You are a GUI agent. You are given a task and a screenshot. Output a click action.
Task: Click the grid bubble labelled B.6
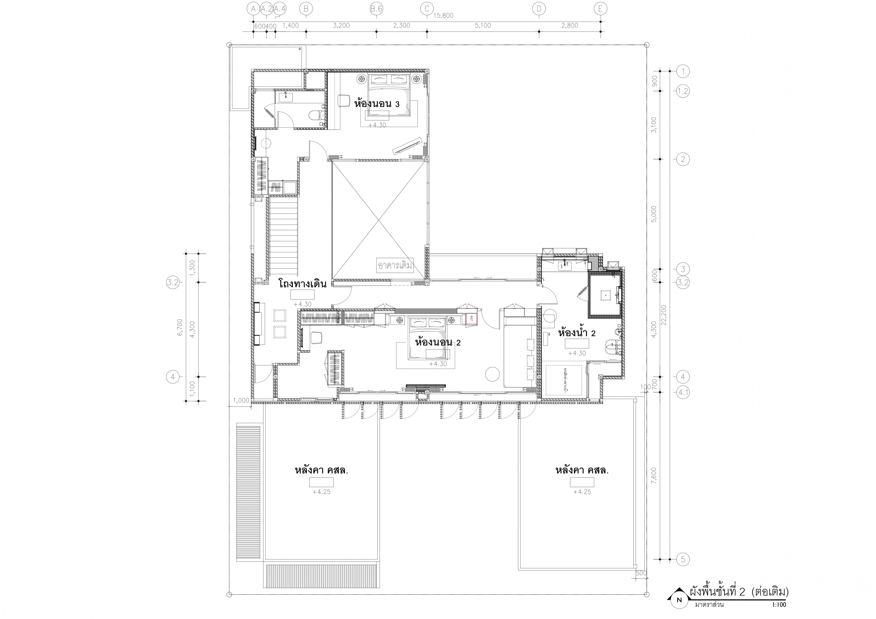click(376, 9)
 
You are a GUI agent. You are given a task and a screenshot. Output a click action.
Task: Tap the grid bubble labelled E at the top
click(601, 9)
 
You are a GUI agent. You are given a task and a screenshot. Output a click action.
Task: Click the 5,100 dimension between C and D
click(482, 26)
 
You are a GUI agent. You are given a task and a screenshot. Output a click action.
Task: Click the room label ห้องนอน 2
click(438, 342)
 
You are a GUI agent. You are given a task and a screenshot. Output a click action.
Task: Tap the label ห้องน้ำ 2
click(577, 333)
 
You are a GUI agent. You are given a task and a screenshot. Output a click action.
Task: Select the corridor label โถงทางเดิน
click(302, 284)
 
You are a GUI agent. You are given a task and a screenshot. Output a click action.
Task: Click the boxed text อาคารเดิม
click(395, 265)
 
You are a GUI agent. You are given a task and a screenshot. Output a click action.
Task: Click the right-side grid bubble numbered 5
click(683, 559)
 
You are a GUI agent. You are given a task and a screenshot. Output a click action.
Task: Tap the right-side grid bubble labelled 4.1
click(683, 392)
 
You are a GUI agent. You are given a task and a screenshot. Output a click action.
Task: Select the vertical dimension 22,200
click(664, 315)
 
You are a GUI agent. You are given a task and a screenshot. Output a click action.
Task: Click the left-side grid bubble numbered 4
click(173, 377)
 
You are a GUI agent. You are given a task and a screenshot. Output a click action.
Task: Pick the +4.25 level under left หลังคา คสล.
click(321, 492)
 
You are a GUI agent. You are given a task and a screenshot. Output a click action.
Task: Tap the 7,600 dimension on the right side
click(654, 476)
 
